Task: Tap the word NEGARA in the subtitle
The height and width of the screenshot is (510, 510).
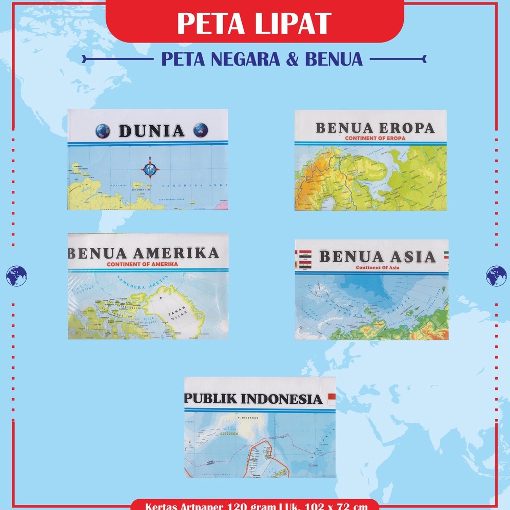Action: [238, 59]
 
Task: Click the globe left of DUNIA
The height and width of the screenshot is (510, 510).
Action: [103, 131]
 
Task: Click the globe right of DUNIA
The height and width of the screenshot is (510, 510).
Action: [201, 130]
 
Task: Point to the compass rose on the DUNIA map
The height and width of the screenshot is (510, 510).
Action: [150, 168]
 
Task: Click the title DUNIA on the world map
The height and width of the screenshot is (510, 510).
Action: [151, 131]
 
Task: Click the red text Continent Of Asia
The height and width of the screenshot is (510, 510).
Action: [379, 267]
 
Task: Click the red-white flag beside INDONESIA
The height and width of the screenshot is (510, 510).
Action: [331, 397]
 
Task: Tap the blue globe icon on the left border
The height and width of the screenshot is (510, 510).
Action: [16, 276]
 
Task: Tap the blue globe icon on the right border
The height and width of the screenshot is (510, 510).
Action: [496, 276]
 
